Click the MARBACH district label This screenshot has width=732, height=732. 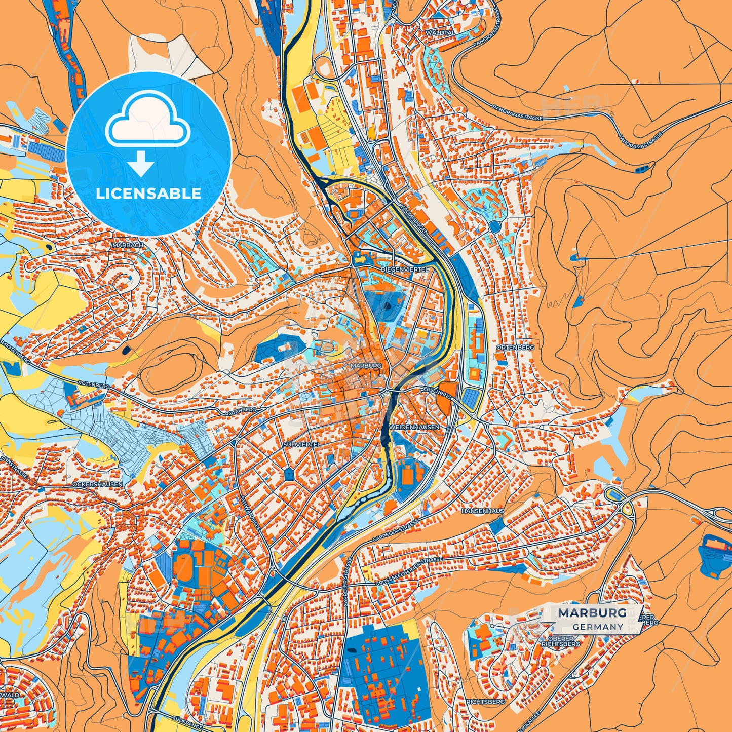127,245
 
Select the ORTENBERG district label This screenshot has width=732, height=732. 508,348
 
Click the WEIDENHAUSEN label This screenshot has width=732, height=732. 414,427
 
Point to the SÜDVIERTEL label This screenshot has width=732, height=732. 302,444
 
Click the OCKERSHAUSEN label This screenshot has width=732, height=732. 97,484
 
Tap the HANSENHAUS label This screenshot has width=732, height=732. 482,511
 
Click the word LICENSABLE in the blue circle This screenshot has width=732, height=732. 148,194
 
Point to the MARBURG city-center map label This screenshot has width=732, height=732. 365,365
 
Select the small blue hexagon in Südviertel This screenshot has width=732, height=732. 289,474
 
